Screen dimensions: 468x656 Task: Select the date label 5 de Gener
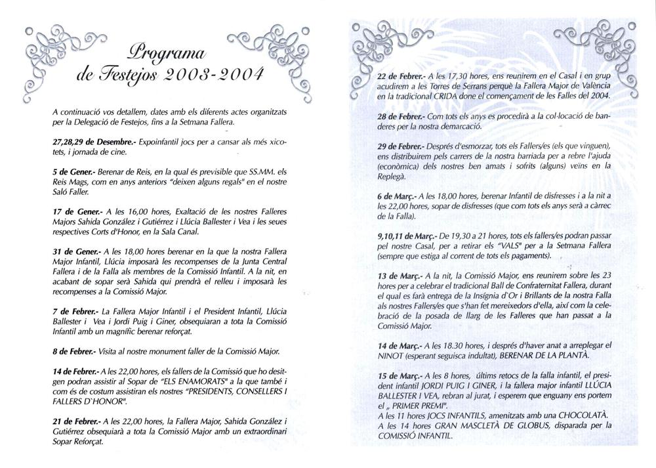click(x=72, y=170)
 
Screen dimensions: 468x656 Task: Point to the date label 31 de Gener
click(x=74, y=251)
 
